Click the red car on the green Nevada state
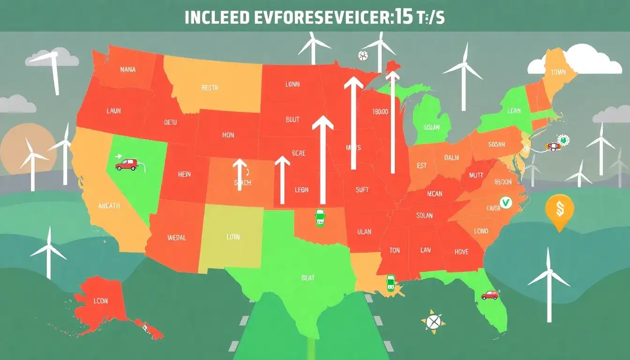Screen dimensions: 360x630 126,164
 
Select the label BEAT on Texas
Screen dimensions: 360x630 308,277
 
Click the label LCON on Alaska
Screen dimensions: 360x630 101,301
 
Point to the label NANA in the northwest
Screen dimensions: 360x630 127,69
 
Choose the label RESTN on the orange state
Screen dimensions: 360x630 210,87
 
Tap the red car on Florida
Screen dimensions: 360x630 489,295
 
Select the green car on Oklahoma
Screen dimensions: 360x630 320,218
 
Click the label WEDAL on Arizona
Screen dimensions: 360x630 176,238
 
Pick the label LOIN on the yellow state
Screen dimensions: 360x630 233,237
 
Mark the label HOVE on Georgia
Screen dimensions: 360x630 461,252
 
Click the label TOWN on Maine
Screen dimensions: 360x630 558,72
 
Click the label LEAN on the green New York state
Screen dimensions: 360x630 514,111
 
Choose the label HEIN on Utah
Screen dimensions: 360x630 185,174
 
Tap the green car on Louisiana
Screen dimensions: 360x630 390,283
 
